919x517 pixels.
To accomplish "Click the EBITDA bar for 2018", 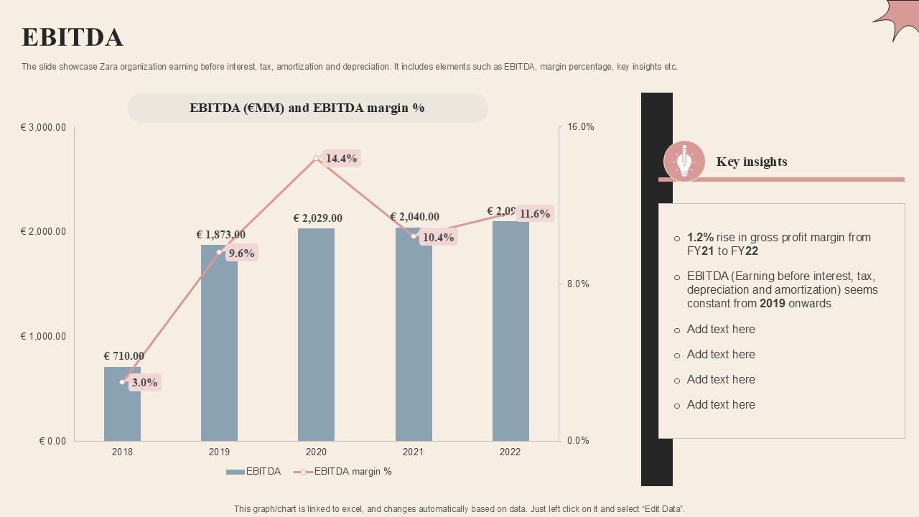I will (122, 413).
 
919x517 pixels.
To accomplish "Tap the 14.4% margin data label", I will (341, 159).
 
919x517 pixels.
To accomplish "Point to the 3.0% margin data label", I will (144, 383).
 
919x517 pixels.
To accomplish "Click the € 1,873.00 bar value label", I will (220, 235).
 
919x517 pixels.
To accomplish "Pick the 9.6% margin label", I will (242, 253).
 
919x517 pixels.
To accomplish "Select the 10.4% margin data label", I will (438, 238).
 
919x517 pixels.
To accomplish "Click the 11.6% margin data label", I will (535, 214).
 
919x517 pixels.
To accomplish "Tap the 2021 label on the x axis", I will (413, 452).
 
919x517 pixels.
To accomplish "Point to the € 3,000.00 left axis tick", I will (44, 128).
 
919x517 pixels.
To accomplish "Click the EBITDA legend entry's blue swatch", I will (235, 472).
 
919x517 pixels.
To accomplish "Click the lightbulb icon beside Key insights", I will (684, 161).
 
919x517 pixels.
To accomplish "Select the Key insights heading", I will (752, 162).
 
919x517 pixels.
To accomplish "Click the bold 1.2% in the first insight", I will (700, 238).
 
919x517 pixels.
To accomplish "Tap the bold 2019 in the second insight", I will (773, 304).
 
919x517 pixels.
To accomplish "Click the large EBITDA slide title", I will (72, 37).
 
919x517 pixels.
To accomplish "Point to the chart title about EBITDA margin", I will (307, 108).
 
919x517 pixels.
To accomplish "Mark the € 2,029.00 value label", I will (317, 218).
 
